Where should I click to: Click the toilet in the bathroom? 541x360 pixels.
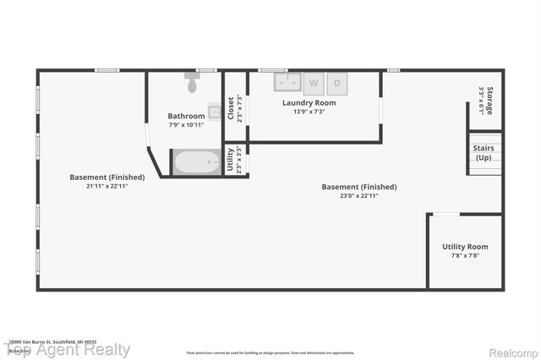pos(192,84)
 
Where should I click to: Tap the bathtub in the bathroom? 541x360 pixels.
pos(195,161)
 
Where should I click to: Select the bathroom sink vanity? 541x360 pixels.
pos(215,111)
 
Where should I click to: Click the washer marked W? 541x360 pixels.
pos(314,82)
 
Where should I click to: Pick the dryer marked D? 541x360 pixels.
pos(337,82)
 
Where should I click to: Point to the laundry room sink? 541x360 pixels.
pos(287,82)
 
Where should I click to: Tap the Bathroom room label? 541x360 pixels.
pos(186,116)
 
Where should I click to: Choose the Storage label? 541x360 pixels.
pos(489,101)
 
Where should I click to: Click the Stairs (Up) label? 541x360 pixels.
pos(484,153)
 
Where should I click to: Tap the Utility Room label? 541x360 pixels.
pos(465,247)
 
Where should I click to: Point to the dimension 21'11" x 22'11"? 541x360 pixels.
pos(107,185)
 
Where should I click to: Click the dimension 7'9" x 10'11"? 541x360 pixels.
pos(186,124)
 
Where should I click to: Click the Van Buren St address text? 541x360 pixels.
pos(51,341)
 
